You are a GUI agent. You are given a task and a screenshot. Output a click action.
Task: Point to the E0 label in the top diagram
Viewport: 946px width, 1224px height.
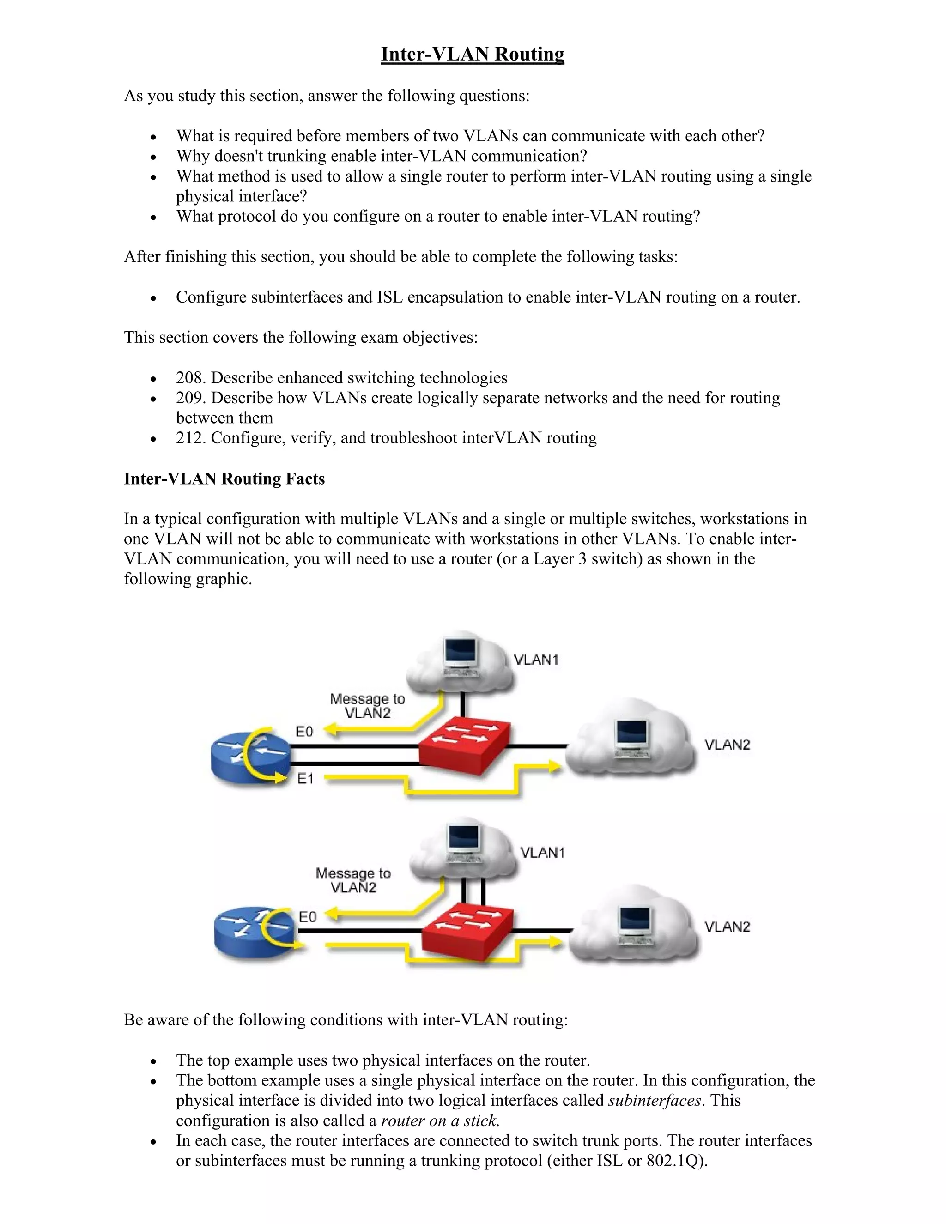(x=304, y=731)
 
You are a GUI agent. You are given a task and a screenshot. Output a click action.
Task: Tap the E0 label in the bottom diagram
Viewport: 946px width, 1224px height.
(x=308, y=917)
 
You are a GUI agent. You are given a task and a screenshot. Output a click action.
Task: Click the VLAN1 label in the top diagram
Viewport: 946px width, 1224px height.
(x=536, y=660)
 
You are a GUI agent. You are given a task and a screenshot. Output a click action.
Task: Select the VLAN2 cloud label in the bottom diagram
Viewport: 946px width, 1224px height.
(x=727, y=927)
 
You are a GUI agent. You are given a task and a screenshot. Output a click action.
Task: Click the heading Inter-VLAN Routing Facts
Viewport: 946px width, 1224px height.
(x=224, y=479)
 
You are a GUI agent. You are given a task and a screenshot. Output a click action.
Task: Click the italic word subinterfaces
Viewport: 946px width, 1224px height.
(x=654, y=1100)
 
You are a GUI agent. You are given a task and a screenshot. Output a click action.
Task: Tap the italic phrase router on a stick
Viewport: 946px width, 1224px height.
(x=439, y=1121)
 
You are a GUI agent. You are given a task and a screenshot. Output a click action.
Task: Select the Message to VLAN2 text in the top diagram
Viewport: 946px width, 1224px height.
(x=367, y=706)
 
